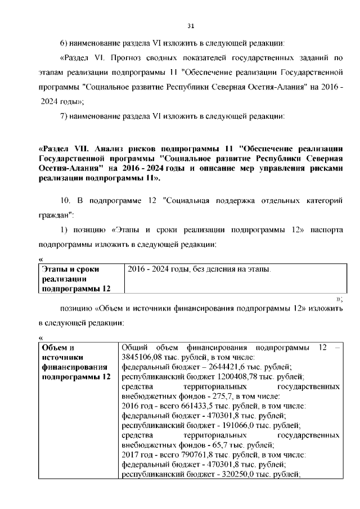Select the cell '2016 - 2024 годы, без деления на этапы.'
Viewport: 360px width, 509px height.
[x=200, y=269]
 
